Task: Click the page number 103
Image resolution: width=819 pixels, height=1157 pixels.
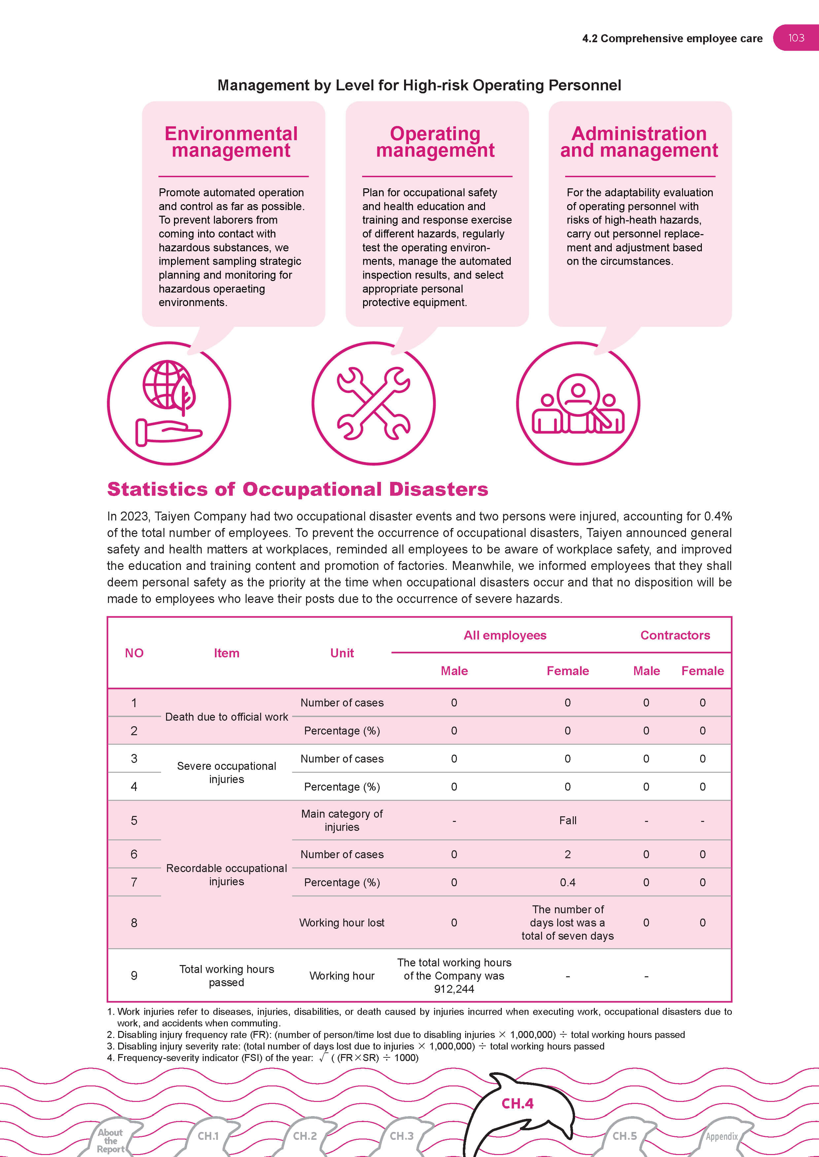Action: [x=796, y=38]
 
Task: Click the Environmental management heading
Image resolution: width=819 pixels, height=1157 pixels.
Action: [x=231, y=142]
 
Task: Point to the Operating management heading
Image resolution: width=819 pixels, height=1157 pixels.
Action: [x=435, y=142]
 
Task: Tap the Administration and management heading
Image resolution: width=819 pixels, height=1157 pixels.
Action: [x=639, y=142]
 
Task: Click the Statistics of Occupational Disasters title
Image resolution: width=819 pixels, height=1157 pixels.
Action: [x=297, y=489]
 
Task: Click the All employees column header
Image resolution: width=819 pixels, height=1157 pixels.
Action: [x=505, y=636]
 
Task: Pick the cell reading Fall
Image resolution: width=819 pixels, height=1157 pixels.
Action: [x=567, y=820]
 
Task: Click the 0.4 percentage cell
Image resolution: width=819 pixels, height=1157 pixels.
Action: [x=567, y=882]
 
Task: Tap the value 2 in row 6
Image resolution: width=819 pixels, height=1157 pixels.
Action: [x=567, y=854]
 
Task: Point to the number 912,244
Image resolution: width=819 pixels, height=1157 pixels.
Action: [x=454, y=989]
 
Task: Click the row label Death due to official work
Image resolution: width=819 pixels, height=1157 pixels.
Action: [x=226, y=717]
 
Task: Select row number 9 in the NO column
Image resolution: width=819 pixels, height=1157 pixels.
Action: [x=134, y=976]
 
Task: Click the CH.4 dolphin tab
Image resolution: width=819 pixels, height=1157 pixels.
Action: [x=518, y=1104]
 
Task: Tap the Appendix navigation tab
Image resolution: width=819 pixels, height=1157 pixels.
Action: [x=721, y=1136]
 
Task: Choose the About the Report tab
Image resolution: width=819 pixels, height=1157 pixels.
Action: [x=111, y=1141]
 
